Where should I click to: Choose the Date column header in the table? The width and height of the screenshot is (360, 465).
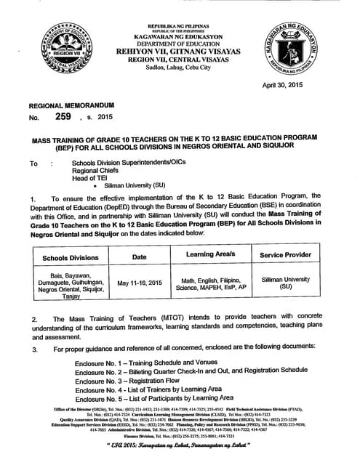[x=139, y=257]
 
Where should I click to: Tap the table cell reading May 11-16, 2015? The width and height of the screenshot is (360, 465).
[x=139, y=283]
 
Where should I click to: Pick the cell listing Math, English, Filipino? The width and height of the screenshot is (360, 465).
[x=211, y=283]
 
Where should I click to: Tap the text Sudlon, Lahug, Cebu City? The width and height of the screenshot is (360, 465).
[x=179, y=66]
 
